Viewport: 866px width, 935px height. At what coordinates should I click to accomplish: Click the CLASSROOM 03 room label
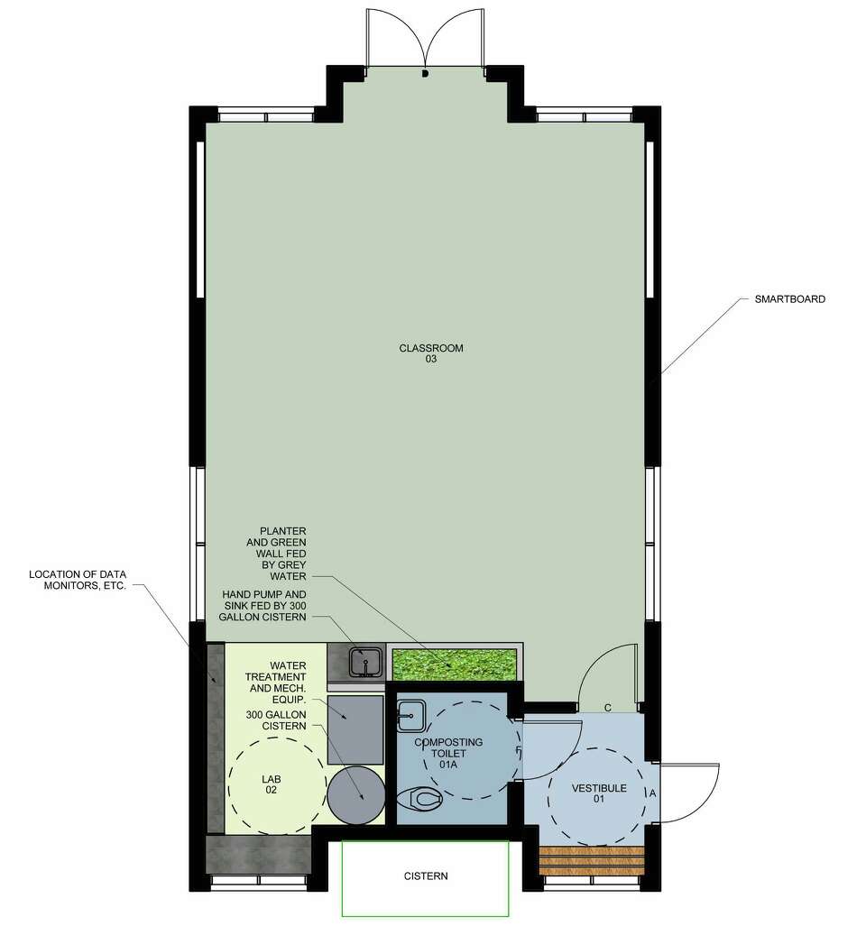pos(431,353)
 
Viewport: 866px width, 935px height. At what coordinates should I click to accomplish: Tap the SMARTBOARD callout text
pos(789,299)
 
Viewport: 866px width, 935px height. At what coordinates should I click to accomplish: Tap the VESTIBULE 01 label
pos(599,793)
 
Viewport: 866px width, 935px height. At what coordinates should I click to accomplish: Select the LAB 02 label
pos(271,784)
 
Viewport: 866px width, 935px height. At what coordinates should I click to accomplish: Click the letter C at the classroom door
pos(608,708)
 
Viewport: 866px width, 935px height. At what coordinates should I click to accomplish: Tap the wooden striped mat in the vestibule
pos(592,861)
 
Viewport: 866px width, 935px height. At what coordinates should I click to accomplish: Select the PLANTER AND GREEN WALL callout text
pos(282,553)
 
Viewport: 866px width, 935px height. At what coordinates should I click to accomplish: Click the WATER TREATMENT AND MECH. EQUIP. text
pos(275,683)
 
